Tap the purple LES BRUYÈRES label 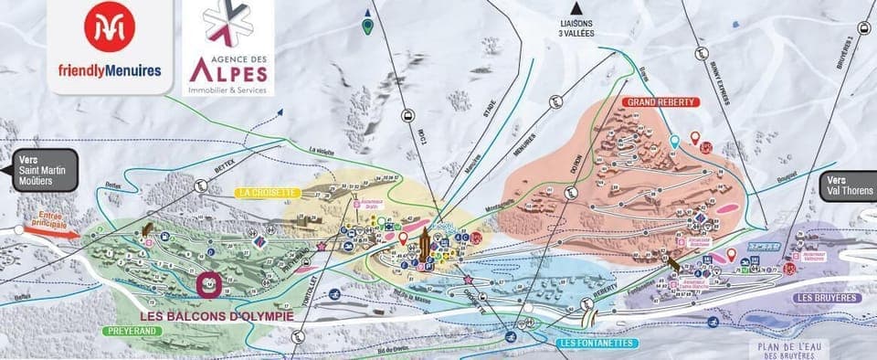(827, 298)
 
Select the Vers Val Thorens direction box (849, 186)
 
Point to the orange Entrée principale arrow (51, 232)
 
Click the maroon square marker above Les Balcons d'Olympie (208, 284)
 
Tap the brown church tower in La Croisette (425, 245)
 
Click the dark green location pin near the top (366, 26)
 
